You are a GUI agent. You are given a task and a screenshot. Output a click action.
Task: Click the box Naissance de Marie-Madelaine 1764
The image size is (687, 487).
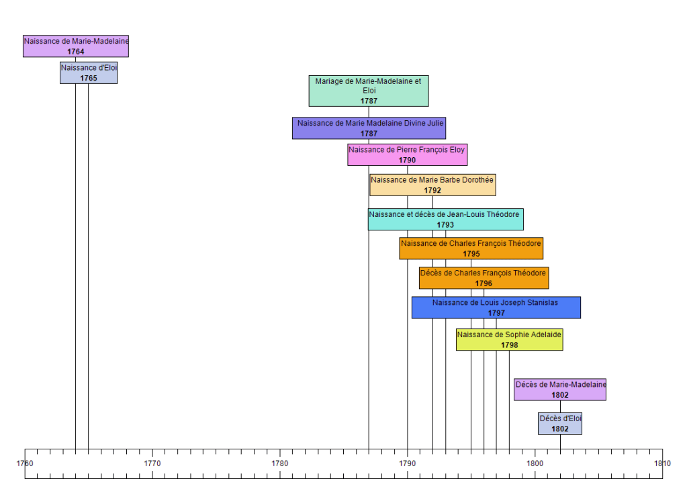click(75, 46)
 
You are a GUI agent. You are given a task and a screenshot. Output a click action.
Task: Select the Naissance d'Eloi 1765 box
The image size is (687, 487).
click(89, 73)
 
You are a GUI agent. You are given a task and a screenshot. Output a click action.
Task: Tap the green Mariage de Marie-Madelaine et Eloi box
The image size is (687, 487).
click(369, 91)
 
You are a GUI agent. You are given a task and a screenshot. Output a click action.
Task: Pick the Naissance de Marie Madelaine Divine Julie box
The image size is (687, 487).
click(369, 128)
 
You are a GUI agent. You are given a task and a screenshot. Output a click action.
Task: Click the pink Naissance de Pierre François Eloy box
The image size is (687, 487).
click(407, 154)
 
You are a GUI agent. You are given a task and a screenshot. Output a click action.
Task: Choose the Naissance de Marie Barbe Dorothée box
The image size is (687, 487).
click(432, 185)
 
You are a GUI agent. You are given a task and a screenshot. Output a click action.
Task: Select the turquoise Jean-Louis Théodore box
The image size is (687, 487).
click(445, 219)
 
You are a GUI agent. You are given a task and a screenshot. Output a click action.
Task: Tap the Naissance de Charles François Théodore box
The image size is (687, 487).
click(471, 249)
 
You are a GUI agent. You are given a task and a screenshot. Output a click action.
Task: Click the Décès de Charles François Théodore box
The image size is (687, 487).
click(484, 278)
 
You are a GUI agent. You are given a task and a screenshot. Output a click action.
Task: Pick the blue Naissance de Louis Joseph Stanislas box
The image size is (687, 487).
click(496, 308)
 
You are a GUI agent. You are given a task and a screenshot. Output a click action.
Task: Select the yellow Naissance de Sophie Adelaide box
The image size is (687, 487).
click(509, 339)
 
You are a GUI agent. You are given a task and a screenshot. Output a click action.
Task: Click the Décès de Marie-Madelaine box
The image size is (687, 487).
click(560, 390)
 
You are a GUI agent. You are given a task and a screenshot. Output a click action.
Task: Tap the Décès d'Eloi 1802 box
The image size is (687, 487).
click(560, 423)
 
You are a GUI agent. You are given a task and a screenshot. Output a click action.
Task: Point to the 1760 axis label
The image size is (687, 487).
click(25, 463)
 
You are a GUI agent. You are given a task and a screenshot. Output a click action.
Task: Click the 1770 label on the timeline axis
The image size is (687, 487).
click(152, 463)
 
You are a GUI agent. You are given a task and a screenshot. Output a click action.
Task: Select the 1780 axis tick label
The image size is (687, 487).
click(280, 463)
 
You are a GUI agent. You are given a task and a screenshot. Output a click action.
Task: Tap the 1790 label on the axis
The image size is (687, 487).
click(408, 463)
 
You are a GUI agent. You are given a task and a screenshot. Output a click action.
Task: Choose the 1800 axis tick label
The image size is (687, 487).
click(535, 463)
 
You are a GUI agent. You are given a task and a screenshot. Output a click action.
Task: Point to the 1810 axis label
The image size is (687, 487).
click(662, 463)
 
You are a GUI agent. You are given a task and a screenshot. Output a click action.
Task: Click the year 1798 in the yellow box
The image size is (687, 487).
click(509, 345)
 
